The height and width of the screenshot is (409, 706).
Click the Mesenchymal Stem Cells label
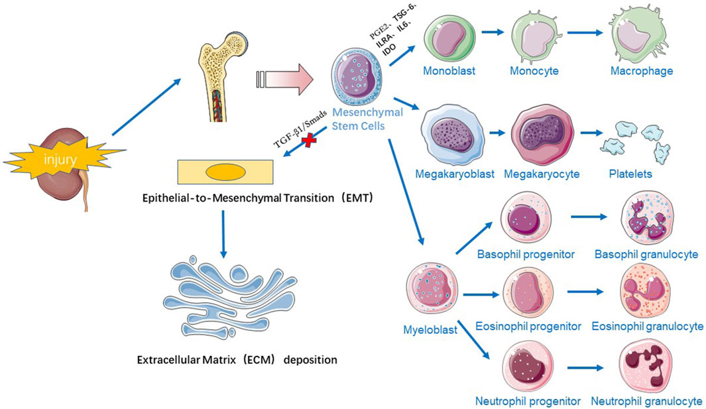[358, 119]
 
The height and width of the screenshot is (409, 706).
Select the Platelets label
[630, 174]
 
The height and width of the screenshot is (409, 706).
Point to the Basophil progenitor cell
[525, 222]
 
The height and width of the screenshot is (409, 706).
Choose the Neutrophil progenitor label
[528, 401]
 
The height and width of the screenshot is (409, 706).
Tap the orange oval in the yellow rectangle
[225, 172]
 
